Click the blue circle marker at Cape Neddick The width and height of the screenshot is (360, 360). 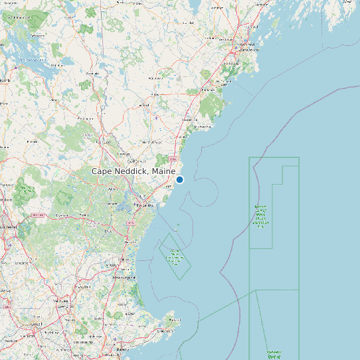[x=179, y=179]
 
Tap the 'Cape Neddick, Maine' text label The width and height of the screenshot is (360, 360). [x=134, y=171]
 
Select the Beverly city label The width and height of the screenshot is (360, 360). [x=122, y=348]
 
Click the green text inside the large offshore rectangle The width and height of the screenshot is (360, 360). [x=260, y=217]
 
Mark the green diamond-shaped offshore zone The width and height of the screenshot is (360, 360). [x=175, y=256]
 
